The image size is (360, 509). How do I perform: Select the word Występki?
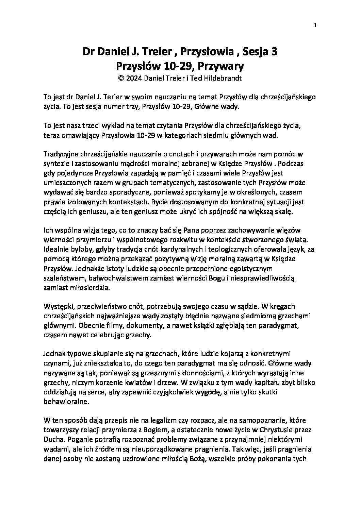click(x=56, y=306)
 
